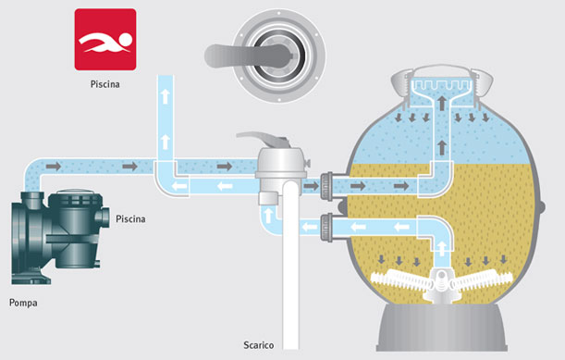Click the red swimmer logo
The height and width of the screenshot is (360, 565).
tap(105, 40)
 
